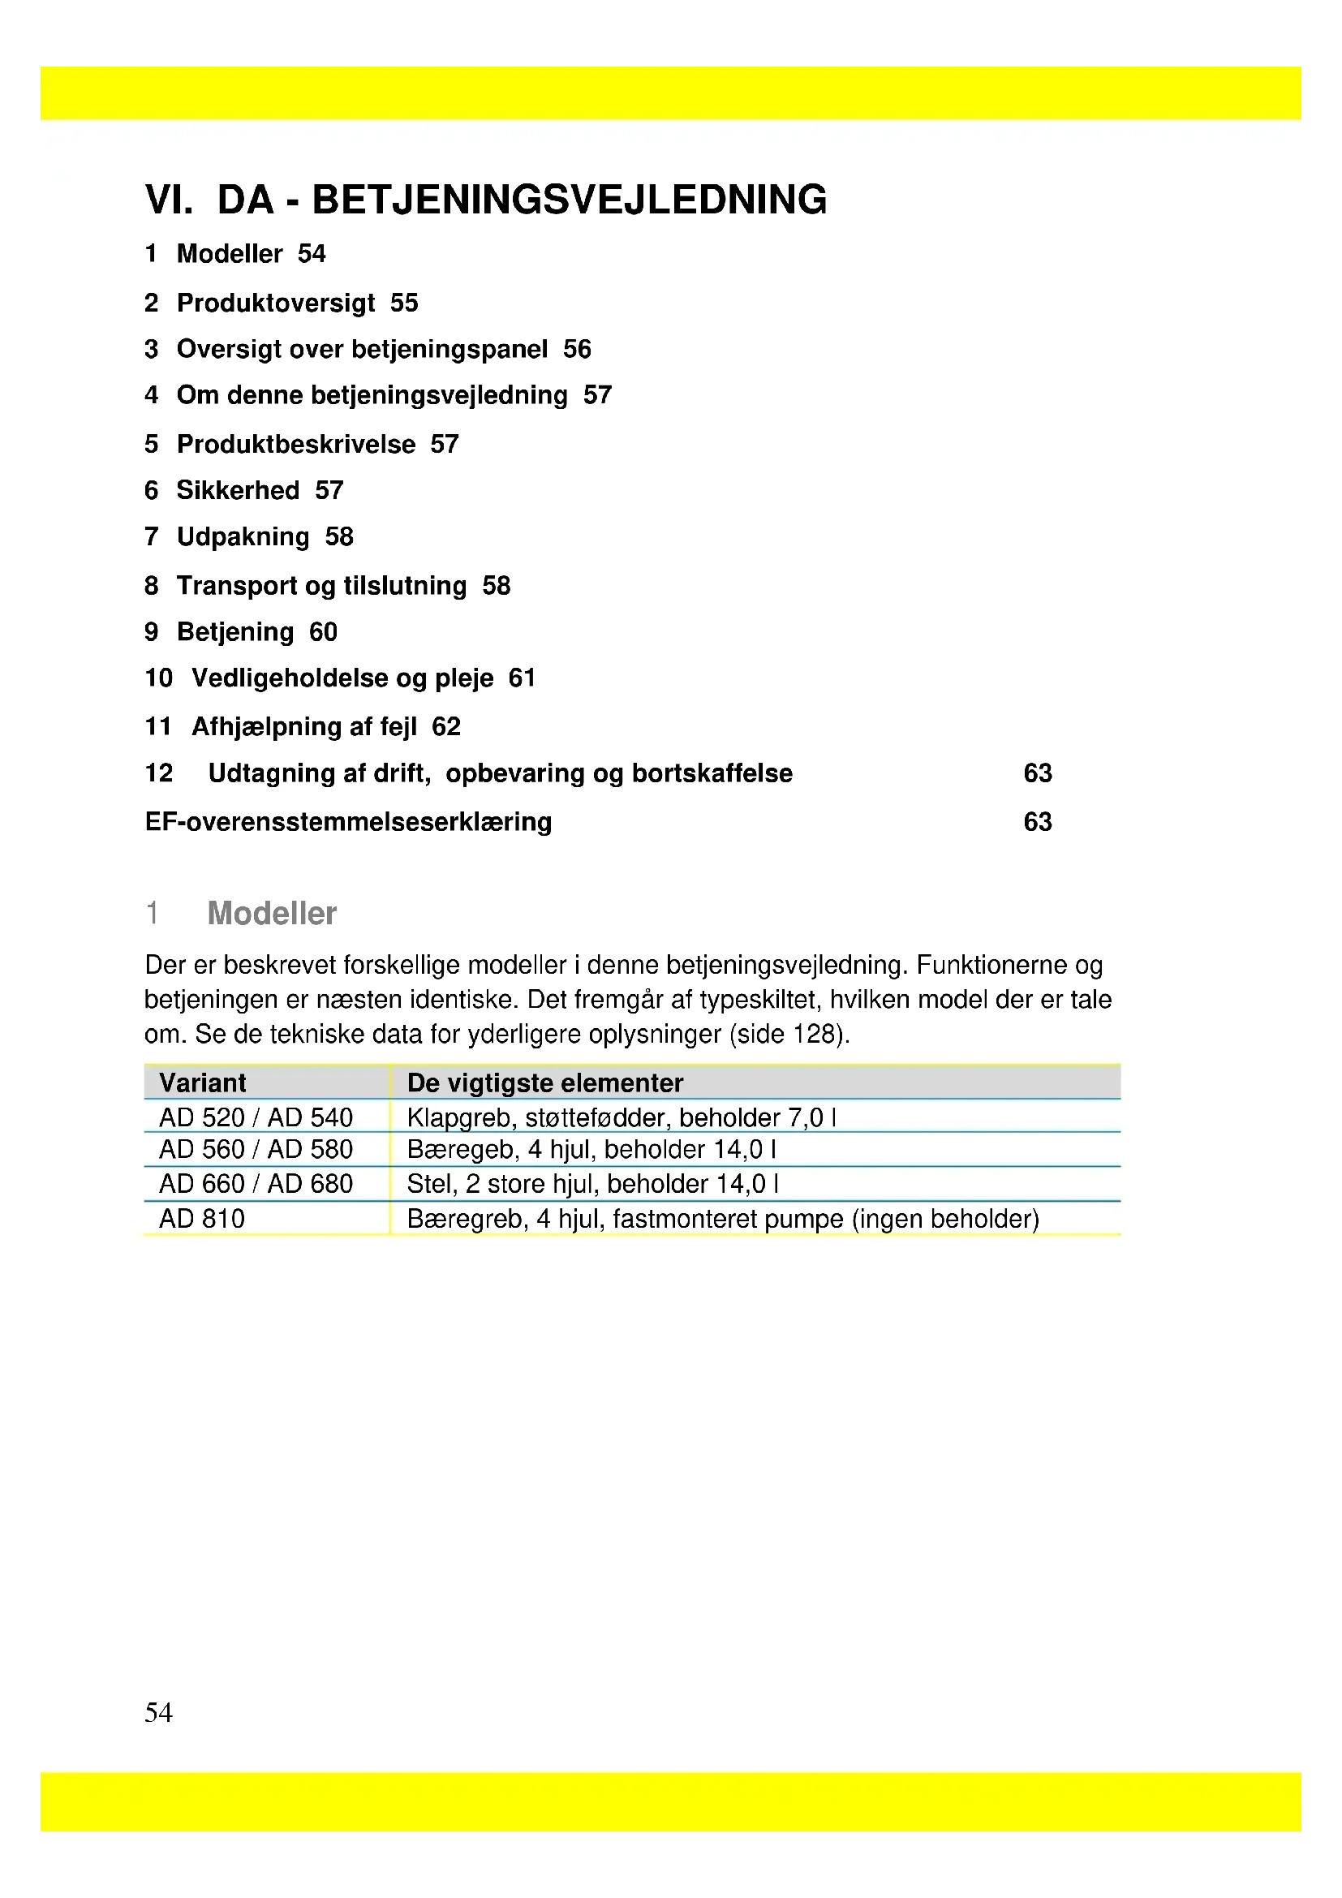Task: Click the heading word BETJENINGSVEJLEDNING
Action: click(570, 200)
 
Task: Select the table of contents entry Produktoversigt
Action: click(276, 303)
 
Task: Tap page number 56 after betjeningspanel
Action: click(577, 349)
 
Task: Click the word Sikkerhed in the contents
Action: click(238, 490)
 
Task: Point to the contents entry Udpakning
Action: click(243, 536)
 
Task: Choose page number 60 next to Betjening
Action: click(323, 631)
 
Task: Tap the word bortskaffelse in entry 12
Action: click(712, 773)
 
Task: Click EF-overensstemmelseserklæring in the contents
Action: click(348, 822)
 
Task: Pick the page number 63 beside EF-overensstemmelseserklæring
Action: click(1037, 822)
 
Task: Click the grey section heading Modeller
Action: click(272, 914)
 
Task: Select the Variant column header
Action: click(203, 1083)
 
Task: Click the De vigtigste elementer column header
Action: click(544, 1083)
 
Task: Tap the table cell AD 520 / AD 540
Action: click(256, 1117)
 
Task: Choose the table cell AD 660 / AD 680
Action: click(256, 1184)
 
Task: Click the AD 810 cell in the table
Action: click(202, 1219)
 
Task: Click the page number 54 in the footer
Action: click(158, 1712)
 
